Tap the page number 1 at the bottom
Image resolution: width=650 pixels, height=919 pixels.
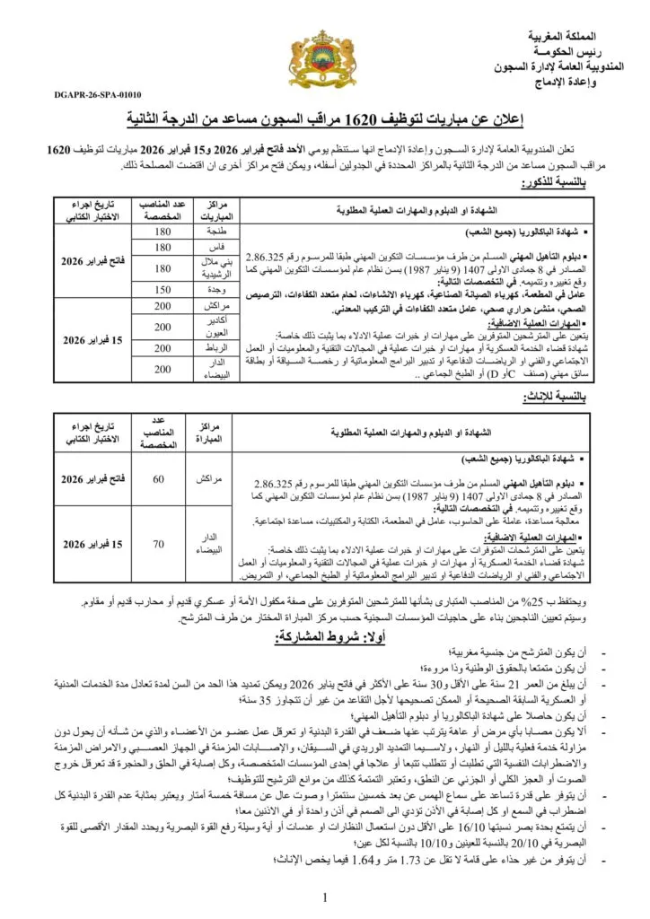pyautogui.click(x=324, y=897)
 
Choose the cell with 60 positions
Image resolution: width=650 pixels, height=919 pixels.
pyautogui.click(x=158, y=479)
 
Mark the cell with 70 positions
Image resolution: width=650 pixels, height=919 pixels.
pyautogui.click(x=158, y=543)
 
